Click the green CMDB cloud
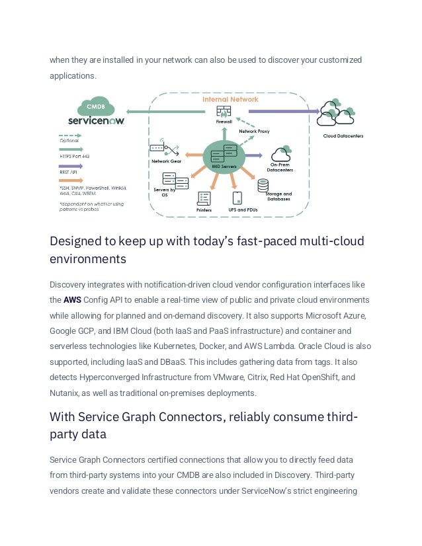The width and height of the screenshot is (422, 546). click(97, 107)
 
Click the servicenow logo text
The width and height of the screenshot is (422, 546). click(97, 121)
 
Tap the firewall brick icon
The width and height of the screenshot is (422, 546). click(224, 111)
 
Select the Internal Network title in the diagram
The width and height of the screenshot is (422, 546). click(230, 99)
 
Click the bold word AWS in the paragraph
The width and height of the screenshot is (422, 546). click(71, 299)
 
